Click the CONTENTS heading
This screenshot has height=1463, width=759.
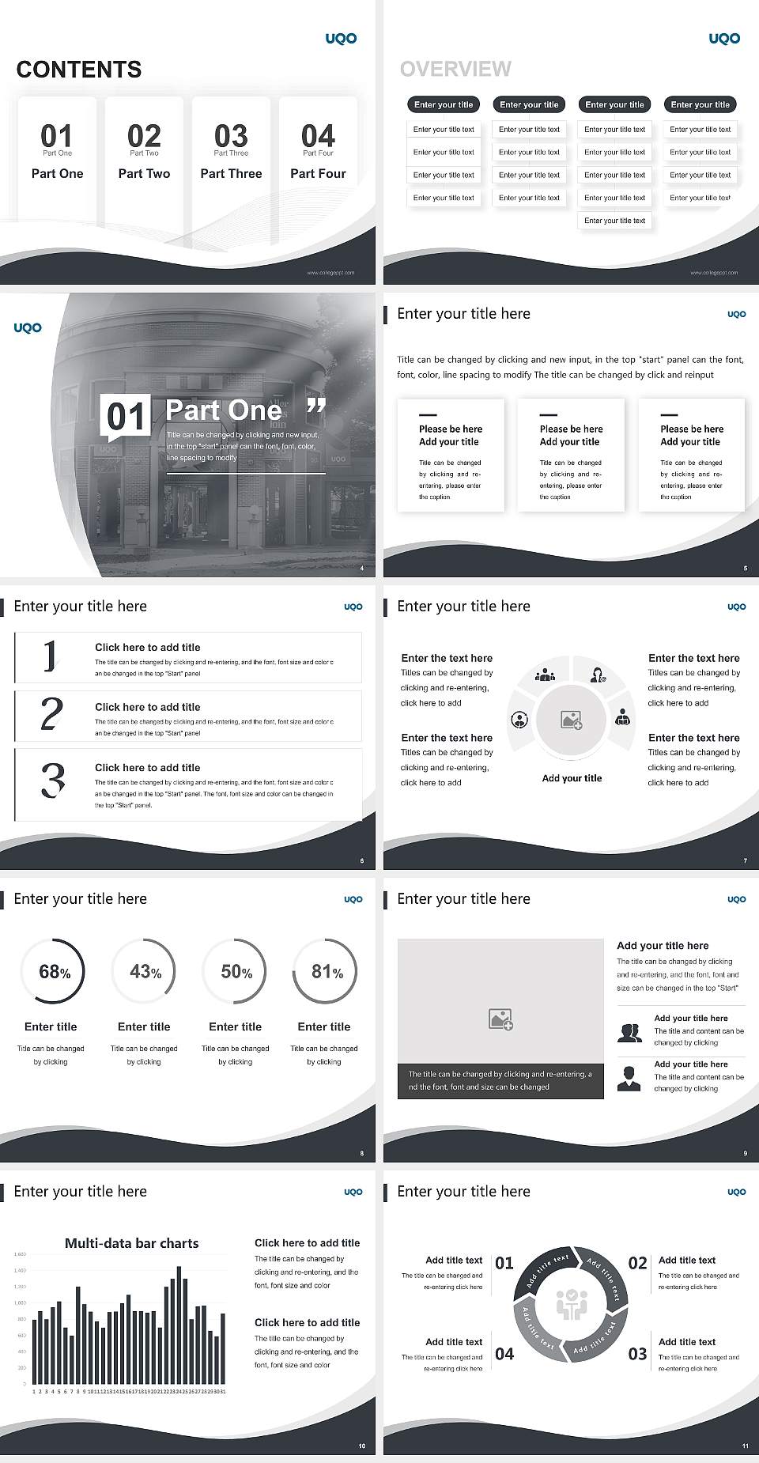(78, 70)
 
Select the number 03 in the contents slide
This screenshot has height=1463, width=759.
(230, 135)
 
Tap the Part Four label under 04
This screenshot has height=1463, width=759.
(318, 173)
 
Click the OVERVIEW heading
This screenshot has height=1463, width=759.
(455, 69)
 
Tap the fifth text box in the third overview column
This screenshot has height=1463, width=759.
(614, 221)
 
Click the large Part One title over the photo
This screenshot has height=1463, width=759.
(224, 410)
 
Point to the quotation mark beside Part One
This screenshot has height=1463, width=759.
(315, 408)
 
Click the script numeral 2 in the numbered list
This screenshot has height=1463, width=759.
(51, 714)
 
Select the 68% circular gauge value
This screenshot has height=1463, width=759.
(54, 971)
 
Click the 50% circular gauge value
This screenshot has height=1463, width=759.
(236, 971)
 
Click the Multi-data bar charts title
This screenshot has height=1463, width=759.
(131, 1243)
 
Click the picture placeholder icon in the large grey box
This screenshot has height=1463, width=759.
(500, 1019)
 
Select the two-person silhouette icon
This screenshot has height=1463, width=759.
(629, 1033)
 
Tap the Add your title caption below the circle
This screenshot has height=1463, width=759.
(572, 778)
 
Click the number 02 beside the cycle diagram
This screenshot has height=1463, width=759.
(637, 1263)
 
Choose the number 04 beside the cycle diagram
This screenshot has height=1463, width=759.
(504, 1354)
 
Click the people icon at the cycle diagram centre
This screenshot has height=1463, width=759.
(571, 1305)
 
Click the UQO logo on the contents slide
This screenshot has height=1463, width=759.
(341, 38)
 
